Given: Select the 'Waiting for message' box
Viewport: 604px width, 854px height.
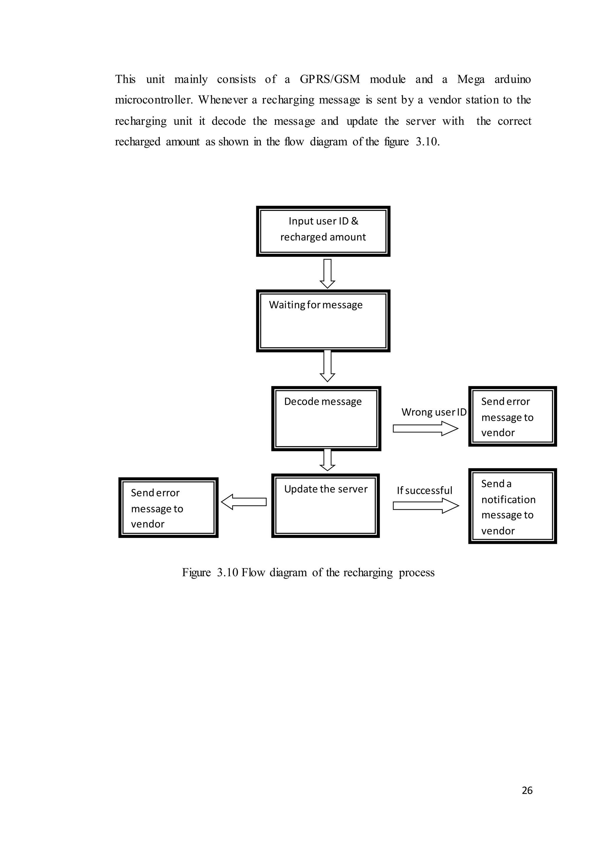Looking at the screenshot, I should point(323,321).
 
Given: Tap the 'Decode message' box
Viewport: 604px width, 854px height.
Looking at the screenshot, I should point(326,418).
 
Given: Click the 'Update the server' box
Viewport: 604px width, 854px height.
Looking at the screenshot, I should point(325,505).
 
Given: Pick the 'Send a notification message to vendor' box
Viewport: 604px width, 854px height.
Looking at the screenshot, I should point(512,506).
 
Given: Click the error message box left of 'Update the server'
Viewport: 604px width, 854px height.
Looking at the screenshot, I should point(168,508).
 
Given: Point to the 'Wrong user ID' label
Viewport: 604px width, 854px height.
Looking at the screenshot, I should point(434,412).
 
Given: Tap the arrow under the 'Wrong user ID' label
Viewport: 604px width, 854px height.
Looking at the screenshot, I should point(425,428).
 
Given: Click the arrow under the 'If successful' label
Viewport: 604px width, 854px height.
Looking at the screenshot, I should point(426,506).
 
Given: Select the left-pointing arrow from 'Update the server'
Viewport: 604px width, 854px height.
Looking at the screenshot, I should point(244,502).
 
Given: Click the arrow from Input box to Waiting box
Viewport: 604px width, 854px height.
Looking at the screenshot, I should point(327,274).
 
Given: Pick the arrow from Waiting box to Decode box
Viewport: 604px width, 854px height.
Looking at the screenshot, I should point(327,366).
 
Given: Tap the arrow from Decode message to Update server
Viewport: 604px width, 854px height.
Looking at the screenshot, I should point(327,460).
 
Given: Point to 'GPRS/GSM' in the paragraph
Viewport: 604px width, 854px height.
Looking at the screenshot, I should point(330,79).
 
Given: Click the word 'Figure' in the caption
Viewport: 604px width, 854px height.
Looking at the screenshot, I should point(196,572).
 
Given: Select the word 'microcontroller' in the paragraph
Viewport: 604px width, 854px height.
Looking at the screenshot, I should point(154,100).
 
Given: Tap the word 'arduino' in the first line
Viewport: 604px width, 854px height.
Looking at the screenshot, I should point(512,79).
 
